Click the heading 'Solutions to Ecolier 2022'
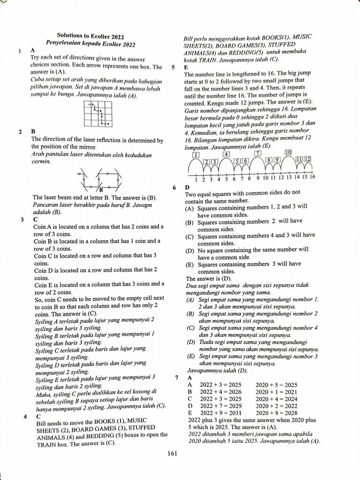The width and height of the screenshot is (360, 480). tap(90, 36)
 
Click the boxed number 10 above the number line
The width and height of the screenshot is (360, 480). tap(288, 153)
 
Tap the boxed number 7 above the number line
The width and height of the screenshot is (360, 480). tap(257, 153)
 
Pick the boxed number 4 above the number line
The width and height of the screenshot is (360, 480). tap(226, 154)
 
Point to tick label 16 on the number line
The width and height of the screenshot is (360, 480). tap(312, 177)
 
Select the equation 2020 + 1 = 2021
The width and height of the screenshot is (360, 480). tap(277, 392)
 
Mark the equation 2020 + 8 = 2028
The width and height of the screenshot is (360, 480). tap(277, 413)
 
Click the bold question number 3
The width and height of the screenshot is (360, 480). tap(22, 219)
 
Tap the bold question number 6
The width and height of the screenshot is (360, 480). tap(174, 187)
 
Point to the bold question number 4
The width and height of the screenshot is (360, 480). tap(24, 416)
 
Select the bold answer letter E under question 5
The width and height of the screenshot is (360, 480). tap(186, 67)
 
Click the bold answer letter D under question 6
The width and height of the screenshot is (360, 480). tap(187, 188)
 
